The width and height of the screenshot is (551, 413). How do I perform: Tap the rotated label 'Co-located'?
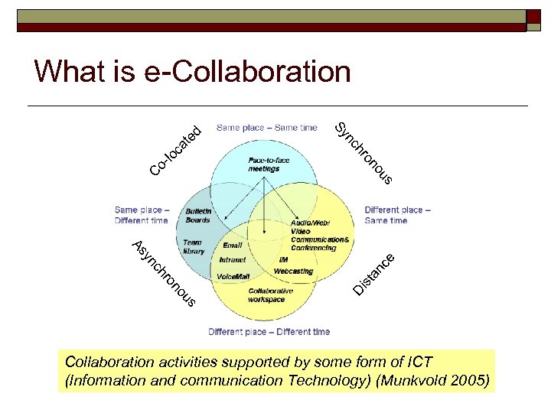[177, 148]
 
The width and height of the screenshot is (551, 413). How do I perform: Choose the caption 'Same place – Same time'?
[266, 128]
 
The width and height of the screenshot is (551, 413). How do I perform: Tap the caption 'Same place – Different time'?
[142, 215]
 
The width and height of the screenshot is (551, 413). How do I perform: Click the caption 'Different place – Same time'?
[397, 215]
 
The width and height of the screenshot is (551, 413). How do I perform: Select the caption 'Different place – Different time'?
[269, 332]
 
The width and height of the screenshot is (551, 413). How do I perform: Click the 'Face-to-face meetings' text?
[269, 164]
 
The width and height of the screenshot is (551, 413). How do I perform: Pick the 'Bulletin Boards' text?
[198, 215]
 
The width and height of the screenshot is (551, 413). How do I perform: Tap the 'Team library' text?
[193, 246]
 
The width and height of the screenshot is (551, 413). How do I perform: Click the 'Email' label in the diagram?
[233, 246]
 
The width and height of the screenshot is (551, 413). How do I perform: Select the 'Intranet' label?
[233, 260]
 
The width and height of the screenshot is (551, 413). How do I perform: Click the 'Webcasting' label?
[293, 271]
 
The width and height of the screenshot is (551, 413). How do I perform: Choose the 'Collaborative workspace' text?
[266, 295]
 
